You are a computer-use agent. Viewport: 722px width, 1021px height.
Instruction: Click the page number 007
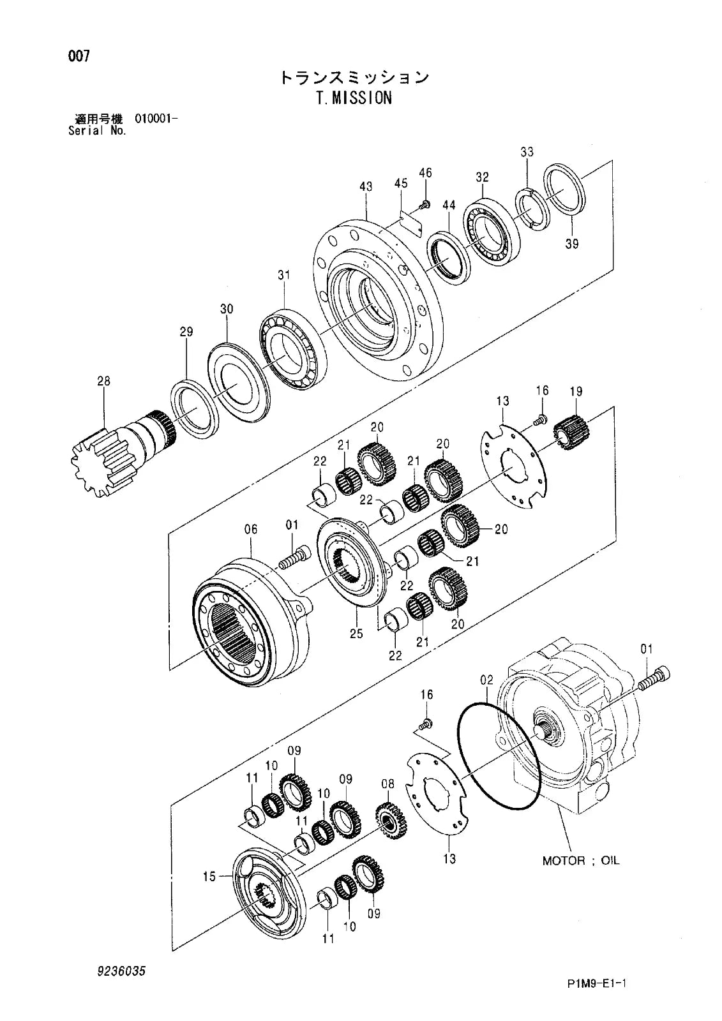click(79, 56)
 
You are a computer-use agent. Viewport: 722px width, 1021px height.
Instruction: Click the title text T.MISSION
click(353, 98)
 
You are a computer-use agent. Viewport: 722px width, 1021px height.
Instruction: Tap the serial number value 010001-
click(156, 119)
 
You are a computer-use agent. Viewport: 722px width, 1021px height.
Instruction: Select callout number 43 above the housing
click(366, 187)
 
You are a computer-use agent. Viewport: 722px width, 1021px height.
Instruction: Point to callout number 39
click(571, 243)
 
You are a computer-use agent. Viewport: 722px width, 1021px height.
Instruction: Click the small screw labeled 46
click(425, 204)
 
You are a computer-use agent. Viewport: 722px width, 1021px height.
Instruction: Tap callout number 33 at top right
click(527, 152)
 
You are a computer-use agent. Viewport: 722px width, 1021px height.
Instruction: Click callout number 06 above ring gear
click(251, 529)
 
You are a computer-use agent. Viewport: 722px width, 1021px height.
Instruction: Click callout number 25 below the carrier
click(356, 633)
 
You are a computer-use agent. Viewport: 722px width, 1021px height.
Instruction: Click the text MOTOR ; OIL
click(580, 861)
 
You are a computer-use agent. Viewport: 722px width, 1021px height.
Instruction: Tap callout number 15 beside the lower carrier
click(209, 877)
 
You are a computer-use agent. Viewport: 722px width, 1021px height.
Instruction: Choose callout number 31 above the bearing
click(283, 275)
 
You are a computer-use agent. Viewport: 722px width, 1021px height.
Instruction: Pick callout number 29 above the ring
click(186, 332)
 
